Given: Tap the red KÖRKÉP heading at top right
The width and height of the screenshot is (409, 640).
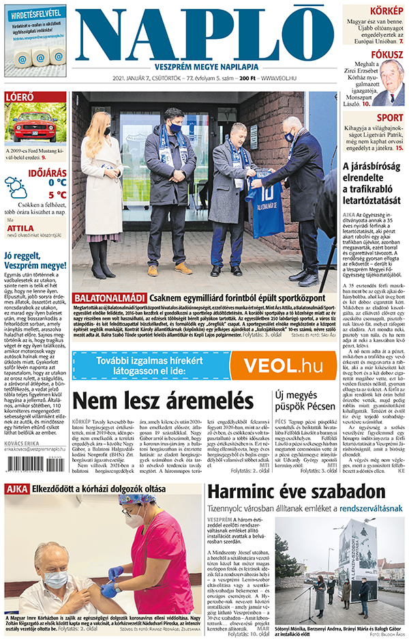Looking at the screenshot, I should coord(385,12).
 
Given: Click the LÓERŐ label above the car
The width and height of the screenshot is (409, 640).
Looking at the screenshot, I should coord(20,98).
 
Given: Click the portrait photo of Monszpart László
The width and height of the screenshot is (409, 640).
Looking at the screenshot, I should coord(391,83).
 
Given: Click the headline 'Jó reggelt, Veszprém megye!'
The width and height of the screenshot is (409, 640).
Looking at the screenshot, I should coord(34,261).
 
